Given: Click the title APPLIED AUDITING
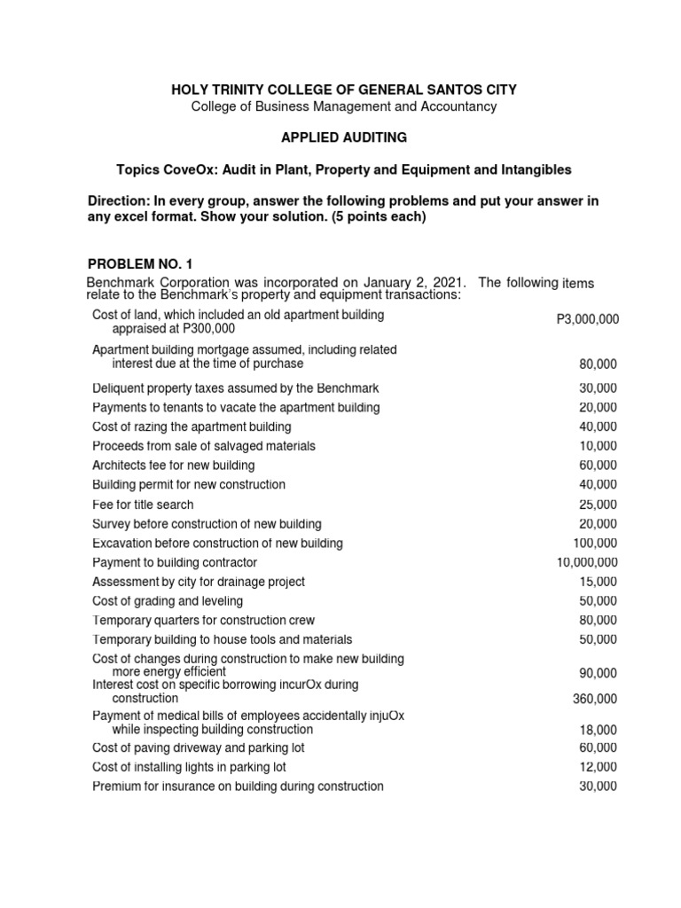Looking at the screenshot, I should [x=344, y=138].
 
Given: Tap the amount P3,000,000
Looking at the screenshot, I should [x=586, y=320].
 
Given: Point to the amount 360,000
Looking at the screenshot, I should [x=596, y=699].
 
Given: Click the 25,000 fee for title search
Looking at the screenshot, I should [x=599, y=505].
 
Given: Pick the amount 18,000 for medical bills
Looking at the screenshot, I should [x=599, y=729].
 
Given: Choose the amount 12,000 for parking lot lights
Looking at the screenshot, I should [x=599, y=767].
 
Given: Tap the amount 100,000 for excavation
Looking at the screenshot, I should [x=596, y=543].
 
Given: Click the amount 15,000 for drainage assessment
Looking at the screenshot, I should [x=599, y=582].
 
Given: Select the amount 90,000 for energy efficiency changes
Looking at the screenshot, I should [x=599, y=673].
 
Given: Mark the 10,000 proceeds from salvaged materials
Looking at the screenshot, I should [x=599, y=446].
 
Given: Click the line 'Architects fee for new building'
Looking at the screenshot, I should [x=173, y=466].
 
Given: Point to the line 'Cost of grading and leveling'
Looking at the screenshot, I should [x=167, y=601].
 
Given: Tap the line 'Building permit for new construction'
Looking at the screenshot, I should [x=189, y=485].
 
